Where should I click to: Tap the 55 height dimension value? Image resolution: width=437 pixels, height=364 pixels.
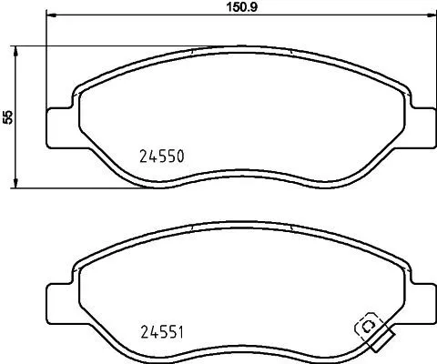(x=8, y=116)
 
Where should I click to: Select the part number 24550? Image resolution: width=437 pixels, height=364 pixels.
(x=162, y=156)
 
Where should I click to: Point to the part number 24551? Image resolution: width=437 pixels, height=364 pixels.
(x=162, y=331)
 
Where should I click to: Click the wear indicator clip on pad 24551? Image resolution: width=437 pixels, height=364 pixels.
(x=369, y=327)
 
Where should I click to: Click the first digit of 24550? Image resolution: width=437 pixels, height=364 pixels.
(x=143, y=156)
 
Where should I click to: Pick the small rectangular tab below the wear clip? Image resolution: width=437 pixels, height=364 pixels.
(x=384, y=344)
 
